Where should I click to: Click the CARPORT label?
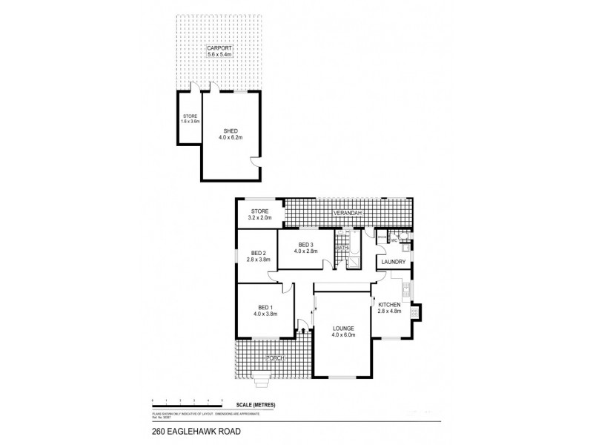coord(220,48)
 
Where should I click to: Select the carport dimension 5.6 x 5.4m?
coord(220,55)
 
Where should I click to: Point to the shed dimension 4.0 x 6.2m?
coord(231,137)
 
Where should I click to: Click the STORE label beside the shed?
coord(190,116)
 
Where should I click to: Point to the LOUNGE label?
coord(344,328)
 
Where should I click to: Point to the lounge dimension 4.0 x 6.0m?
coord(344,335)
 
